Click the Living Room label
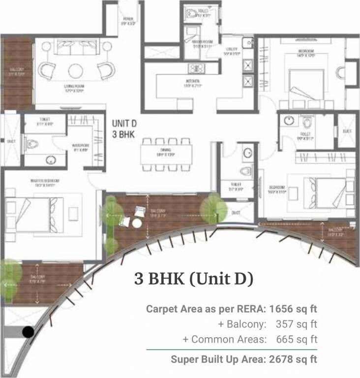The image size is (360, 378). pos(74,89)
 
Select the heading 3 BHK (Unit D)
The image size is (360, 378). pos(194,279)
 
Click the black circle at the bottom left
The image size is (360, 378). pos(29,332)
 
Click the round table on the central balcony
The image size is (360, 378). pos(137,223)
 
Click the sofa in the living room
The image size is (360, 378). pos(75,47)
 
